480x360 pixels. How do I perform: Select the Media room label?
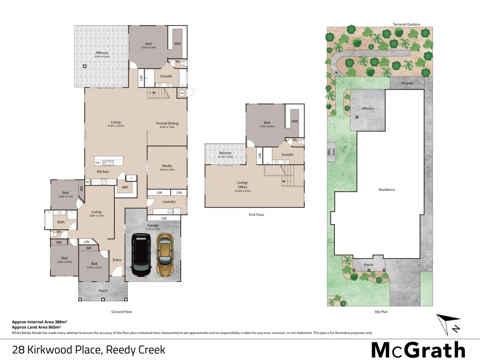coord(167,166)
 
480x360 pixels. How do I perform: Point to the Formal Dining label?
coord(167,123)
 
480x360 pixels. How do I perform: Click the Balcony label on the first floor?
coord(225,153)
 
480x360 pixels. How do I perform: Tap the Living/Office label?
coord(242,185)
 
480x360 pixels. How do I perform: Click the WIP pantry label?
coord(125,188)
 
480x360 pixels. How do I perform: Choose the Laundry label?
coord(169,202)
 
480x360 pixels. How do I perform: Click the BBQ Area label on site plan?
coord(331,152)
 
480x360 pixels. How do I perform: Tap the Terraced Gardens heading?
coord(406,24)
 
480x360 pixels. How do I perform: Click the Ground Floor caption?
coord(122,312)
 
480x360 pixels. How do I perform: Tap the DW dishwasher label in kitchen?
coord(97,163)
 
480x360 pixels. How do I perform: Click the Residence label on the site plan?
coord(386,190)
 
